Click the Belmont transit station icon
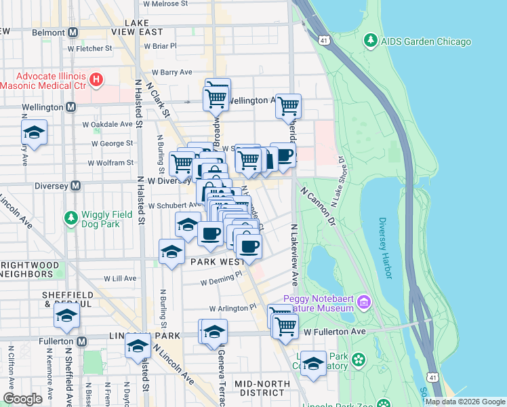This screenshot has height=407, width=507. click(73, 32)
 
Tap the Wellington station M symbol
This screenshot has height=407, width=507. click(70, 107)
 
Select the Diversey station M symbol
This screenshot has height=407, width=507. click(76, 185)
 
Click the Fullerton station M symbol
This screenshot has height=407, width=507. click(81, 341)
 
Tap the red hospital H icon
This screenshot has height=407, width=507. click(96, 80)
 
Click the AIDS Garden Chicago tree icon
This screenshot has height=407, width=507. click(370, 41)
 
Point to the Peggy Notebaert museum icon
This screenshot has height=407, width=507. click(364, 301)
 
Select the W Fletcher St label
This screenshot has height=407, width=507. click(89, 48)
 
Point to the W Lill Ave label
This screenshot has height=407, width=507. click(121, 278)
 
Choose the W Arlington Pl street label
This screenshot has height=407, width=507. click(233, 307)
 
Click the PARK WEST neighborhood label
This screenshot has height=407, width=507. click(218, 262)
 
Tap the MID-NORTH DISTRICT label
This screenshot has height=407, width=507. click(262, 389)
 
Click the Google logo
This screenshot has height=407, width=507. click(22, 399)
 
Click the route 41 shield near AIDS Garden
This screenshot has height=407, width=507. click(326, 41)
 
